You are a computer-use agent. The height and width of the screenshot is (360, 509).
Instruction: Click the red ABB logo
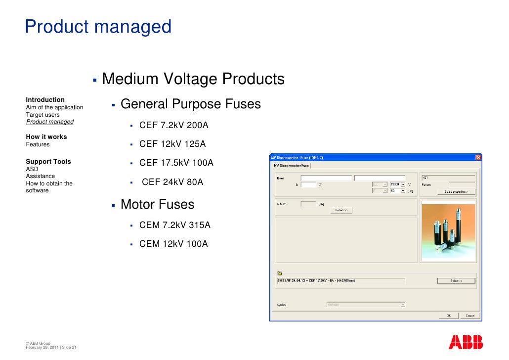pos(465,342)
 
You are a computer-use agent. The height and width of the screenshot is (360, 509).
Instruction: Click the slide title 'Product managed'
pos(98,27)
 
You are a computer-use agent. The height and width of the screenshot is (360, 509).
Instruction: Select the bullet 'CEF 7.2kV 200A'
pos(173,126)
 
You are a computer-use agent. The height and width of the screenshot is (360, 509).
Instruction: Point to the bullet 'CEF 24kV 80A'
pos(172,182)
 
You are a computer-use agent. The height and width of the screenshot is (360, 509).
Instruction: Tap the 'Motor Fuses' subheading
pos(157,204)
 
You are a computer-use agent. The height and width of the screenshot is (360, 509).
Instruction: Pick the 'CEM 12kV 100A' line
pos(173,244)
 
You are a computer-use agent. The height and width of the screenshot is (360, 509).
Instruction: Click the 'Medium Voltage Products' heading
pos(193,79)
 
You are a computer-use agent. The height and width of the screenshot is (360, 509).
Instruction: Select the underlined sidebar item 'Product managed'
pos(49,122)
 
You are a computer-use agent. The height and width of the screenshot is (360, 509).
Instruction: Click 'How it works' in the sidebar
pos(46,137)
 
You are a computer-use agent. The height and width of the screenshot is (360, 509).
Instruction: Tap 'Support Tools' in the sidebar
pos(48,162)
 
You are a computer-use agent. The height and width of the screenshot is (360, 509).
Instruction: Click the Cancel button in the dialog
pos(469,315)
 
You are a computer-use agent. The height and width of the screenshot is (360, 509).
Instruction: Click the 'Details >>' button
pos(341,210)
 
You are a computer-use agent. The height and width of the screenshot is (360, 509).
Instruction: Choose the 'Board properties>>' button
pos(459,191)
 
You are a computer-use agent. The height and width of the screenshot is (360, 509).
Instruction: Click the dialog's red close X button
pos(478,157)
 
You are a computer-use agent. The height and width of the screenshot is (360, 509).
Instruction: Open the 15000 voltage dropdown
pos(403,184)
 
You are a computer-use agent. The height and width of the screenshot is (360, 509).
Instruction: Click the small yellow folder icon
pos(279,273)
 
